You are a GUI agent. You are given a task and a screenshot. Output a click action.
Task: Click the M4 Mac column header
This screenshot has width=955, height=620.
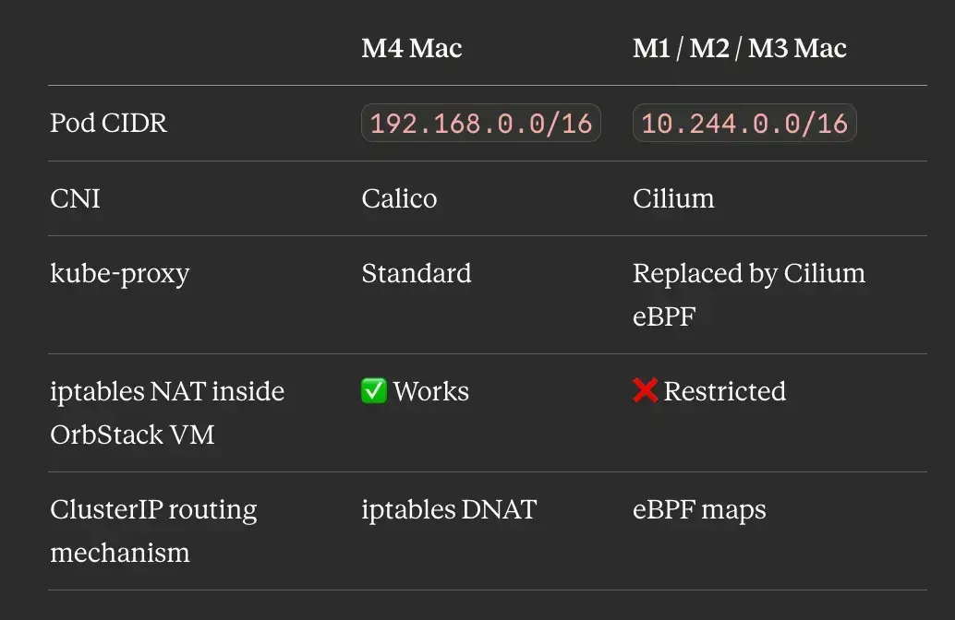[412, 48]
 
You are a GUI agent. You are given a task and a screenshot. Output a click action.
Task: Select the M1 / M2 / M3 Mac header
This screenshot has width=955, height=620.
[740, 48]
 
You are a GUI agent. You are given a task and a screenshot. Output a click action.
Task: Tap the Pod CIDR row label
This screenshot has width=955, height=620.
[108, 123]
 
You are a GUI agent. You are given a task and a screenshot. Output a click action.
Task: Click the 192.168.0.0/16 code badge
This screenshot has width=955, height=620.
[481, 123]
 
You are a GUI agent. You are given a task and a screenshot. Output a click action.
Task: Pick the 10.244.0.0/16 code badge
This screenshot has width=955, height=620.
[744, 123]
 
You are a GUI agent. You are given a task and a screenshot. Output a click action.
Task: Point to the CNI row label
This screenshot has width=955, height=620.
[75, 198]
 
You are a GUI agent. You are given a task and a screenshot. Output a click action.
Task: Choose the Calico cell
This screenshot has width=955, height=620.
[399, 198]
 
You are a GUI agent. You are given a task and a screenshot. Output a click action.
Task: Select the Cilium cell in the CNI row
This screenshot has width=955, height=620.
[673, 198]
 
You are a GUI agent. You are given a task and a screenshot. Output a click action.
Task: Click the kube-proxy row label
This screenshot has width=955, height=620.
[120, 274]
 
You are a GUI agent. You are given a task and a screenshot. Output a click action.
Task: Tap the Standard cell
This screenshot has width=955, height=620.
[417, 273]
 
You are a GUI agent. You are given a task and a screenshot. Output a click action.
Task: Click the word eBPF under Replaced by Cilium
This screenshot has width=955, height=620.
[664, 316]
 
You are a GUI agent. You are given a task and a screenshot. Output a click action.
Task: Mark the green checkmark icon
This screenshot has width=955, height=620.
[374, 390]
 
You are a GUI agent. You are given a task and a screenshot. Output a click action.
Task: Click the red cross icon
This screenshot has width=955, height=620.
[645, 390]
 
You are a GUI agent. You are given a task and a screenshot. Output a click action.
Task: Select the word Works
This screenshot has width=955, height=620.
[431, 391]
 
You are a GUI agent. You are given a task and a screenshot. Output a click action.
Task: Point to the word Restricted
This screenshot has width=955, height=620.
[725, 391]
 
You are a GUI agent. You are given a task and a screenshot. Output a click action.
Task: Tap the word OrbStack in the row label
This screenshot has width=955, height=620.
[106, 435]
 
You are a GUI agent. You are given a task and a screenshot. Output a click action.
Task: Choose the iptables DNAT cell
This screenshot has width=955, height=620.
[449, 510]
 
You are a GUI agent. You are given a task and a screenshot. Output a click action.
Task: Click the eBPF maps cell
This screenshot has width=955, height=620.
[699, 510]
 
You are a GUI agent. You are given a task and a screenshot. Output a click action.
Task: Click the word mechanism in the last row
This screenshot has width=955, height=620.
[120, 553]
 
